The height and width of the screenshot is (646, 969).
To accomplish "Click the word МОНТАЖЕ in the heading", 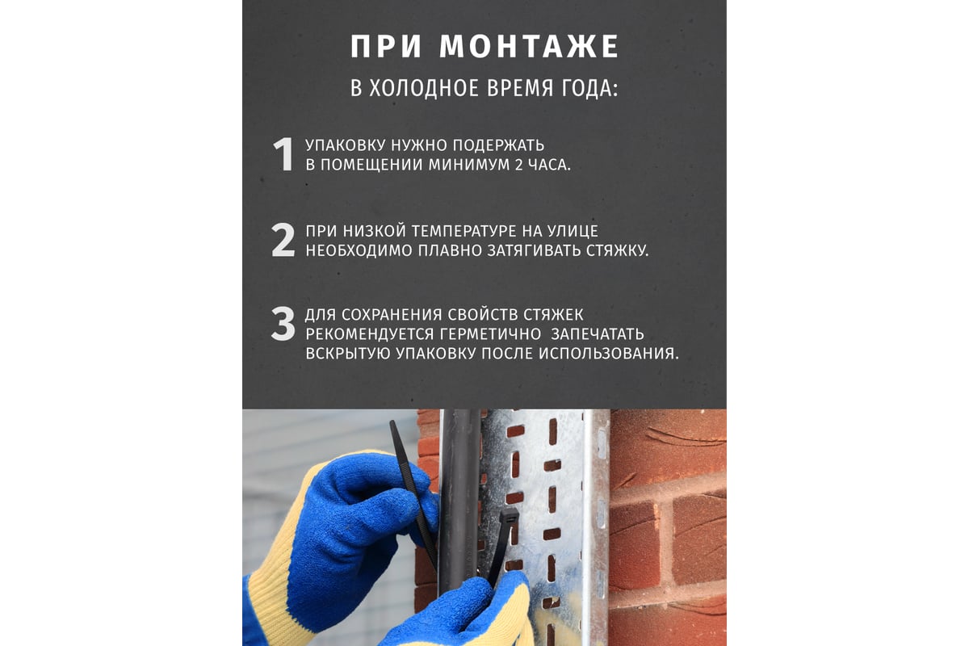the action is click(x=529, y=46).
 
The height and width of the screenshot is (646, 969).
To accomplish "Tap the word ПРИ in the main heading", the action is click(x=386, y=47).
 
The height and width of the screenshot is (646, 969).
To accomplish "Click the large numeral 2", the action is click(x=283, y=241).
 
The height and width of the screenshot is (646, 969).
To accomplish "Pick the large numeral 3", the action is click(x=283, y=324).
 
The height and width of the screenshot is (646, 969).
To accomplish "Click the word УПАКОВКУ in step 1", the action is click(x=346, y=145).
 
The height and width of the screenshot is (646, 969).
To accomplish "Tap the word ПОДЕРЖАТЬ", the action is click(x=498, y=145).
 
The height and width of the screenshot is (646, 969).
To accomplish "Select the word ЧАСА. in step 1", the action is click(x=549, y=165).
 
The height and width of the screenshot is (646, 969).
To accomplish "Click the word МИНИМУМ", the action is click(x=469, y=165).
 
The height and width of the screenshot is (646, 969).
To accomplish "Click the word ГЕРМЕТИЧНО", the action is click(x=491, y=334).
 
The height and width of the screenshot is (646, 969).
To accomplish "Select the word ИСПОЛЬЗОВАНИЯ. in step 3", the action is click(x=609, y=354).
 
